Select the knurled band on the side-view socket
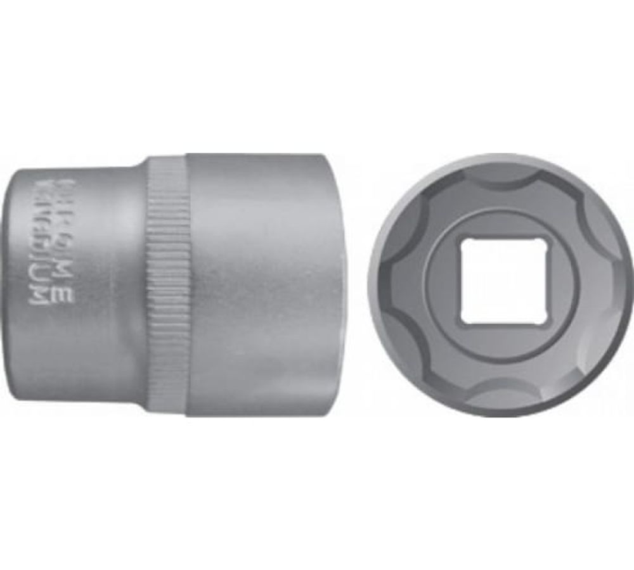[x=168, y=285]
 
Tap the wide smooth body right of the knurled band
[x=260, y=285]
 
